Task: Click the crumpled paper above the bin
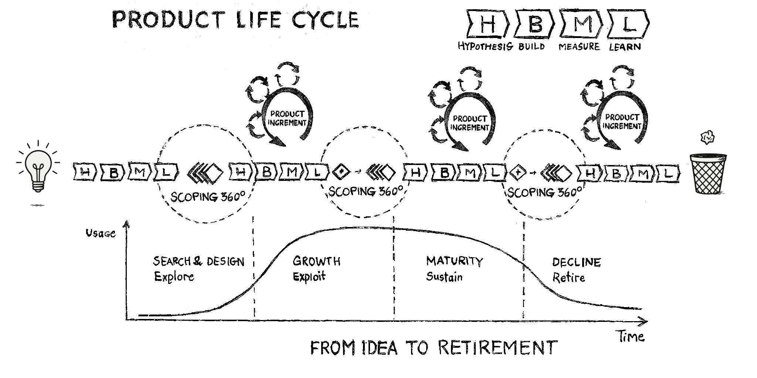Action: coord(707,138)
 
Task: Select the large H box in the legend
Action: coord(488,24)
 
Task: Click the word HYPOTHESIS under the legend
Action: coord(485,47)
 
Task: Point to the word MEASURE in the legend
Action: coord(579,47)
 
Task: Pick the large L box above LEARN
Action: coord(627,24)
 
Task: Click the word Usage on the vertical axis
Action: coord(101,233)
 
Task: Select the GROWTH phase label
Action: coord(316,261)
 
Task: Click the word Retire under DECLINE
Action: coord(568,277)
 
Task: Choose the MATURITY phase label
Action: coord(454,261)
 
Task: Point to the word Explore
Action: coord(174,276)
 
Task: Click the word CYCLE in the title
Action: coord(325,20)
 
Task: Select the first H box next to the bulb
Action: coord(85,172)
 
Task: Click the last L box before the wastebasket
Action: coord(668,173)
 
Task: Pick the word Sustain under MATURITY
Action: coord(444,276)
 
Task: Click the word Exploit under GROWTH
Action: coord(309,276)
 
